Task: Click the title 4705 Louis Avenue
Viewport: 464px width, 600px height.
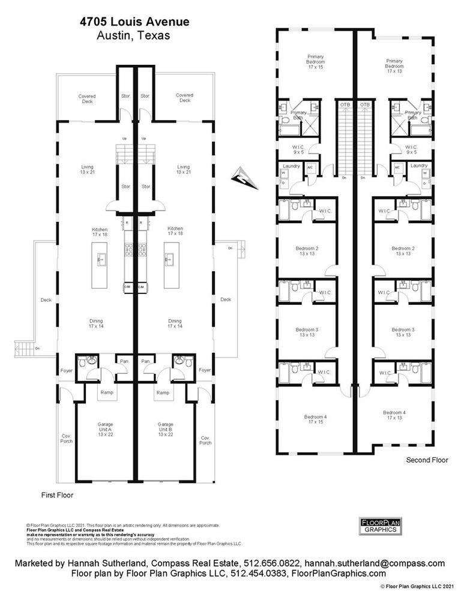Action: (x=134, y=22)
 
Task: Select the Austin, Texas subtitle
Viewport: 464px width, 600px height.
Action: (x=133, y=35)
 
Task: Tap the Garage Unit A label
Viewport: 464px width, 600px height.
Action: (x=106, y=429)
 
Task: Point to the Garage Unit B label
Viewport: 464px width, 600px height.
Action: (x=165, y=429)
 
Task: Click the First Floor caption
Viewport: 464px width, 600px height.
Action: (x=56, y=496)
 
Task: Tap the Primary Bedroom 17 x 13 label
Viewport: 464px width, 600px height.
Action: (x=394, y=65)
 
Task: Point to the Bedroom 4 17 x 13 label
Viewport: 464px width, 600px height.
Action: (x=394, y=415)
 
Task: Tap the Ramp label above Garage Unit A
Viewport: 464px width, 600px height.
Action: (x=106, y=392)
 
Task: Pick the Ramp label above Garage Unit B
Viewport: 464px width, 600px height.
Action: (x=163, y=392)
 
